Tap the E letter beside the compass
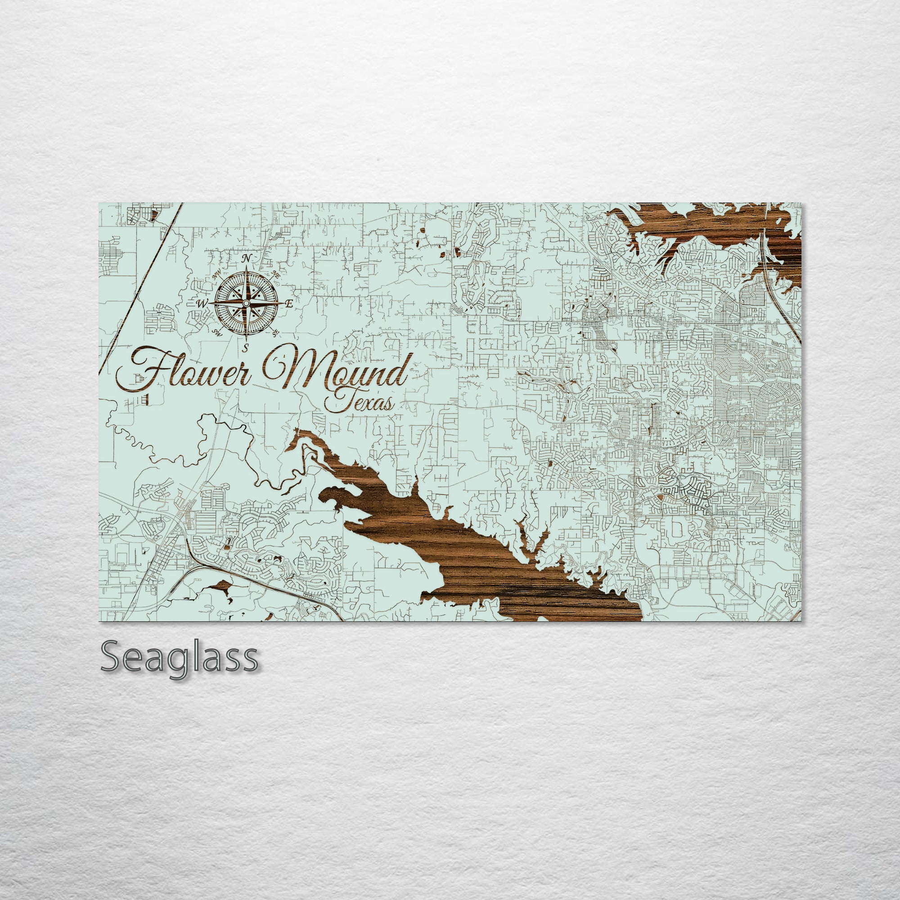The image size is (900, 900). click(x=289, y=305)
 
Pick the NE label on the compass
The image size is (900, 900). click(x=275, y=274)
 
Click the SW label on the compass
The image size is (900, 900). click(x=216, y=331)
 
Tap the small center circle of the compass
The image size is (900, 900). click(x=247, y=303)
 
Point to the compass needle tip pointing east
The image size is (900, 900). click(x=282, y=303)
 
